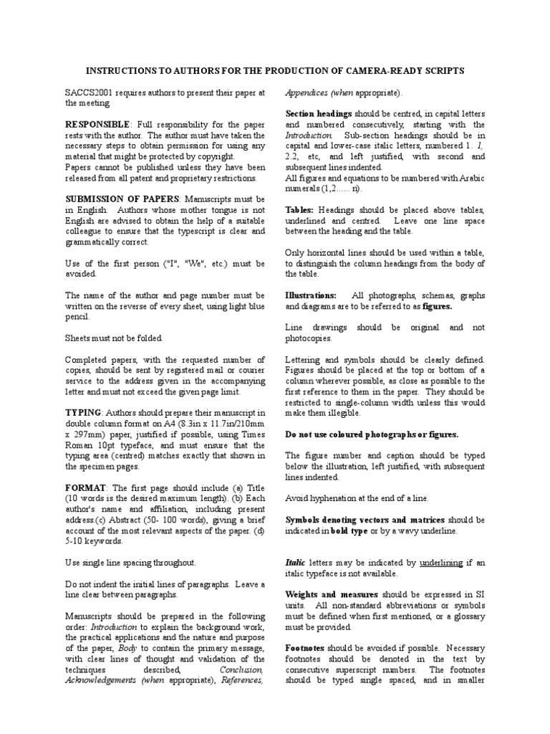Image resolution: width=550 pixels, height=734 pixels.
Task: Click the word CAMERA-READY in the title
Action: [x=397, y=71]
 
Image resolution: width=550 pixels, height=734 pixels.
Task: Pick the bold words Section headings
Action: [x=319, y=113]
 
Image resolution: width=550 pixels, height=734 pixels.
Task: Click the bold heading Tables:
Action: [x=300, y=209]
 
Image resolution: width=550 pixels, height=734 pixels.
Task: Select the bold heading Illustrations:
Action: [x=311, y=294]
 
